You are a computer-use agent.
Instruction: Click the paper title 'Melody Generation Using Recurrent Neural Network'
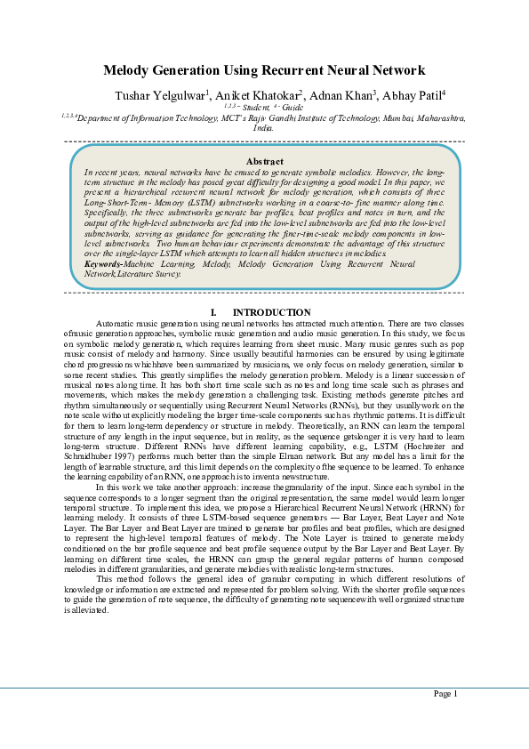tap(264, 70)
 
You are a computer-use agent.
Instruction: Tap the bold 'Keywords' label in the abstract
tap(103, 264)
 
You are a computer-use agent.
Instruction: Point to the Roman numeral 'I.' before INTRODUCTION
tap(213, 312)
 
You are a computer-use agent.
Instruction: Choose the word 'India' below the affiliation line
tap(263, 127)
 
